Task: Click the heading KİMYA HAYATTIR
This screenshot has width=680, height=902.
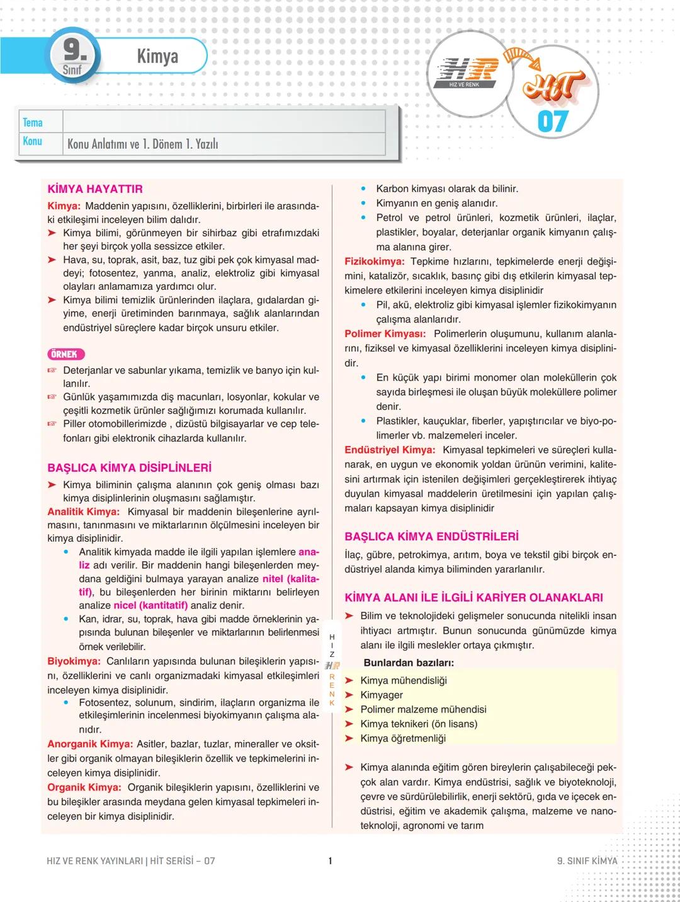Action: point(95,189)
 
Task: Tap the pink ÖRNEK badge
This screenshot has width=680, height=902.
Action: point(66,355)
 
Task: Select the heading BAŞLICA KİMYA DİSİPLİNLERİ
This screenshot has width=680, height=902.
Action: point(129,468)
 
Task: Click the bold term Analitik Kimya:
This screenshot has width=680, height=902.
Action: point(83,511)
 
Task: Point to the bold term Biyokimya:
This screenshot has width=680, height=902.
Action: point(74,661)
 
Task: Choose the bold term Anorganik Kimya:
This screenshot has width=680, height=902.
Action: point(90,744)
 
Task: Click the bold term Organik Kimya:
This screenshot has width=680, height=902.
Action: point(84,787)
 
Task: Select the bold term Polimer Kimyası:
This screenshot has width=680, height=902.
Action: point(385,334)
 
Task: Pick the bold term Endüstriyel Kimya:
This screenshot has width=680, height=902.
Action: point(390,450)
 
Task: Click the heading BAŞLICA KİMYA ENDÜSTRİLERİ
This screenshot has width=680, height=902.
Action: point(431,537)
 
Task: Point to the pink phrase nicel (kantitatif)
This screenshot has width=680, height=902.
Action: point(150,605)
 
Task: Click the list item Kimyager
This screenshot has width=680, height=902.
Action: point(382,695)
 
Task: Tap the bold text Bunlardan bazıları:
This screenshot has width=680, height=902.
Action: point(409,663)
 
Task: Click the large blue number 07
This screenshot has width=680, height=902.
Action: point(553,122)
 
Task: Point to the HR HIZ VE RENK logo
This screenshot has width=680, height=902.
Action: point(465,72)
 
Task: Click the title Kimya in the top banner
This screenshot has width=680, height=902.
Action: point(157,56)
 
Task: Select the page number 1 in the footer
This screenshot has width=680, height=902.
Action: point(330,860)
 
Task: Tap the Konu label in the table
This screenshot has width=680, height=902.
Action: point(33,141)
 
